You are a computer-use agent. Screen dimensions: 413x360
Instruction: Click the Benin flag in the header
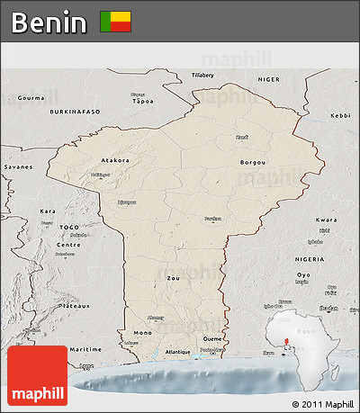[115, 22]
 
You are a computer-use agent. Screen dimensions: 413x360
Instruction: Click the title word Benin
[49, 22]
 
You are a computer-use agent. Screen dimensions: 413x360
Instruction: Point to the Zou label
[174, 279]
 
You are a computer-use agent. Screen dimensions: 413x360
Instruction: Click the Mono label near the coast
[142, 333]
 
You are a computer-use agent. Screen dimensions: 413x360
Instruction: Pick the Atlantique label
[178, 352]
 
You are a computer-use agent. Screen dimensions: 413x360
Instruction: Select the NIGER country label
[269, 79]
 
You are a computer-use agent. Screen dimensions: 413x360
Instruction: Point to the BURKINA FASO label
[75, 112]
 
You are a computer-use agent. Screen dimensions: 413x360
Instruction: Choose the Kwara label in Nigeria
[327, 220]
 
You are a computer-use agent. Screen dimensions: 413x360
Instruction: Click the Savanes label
[17, 167]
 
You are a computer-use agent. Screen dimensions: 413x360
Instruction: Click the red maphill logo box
[36, 376]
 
